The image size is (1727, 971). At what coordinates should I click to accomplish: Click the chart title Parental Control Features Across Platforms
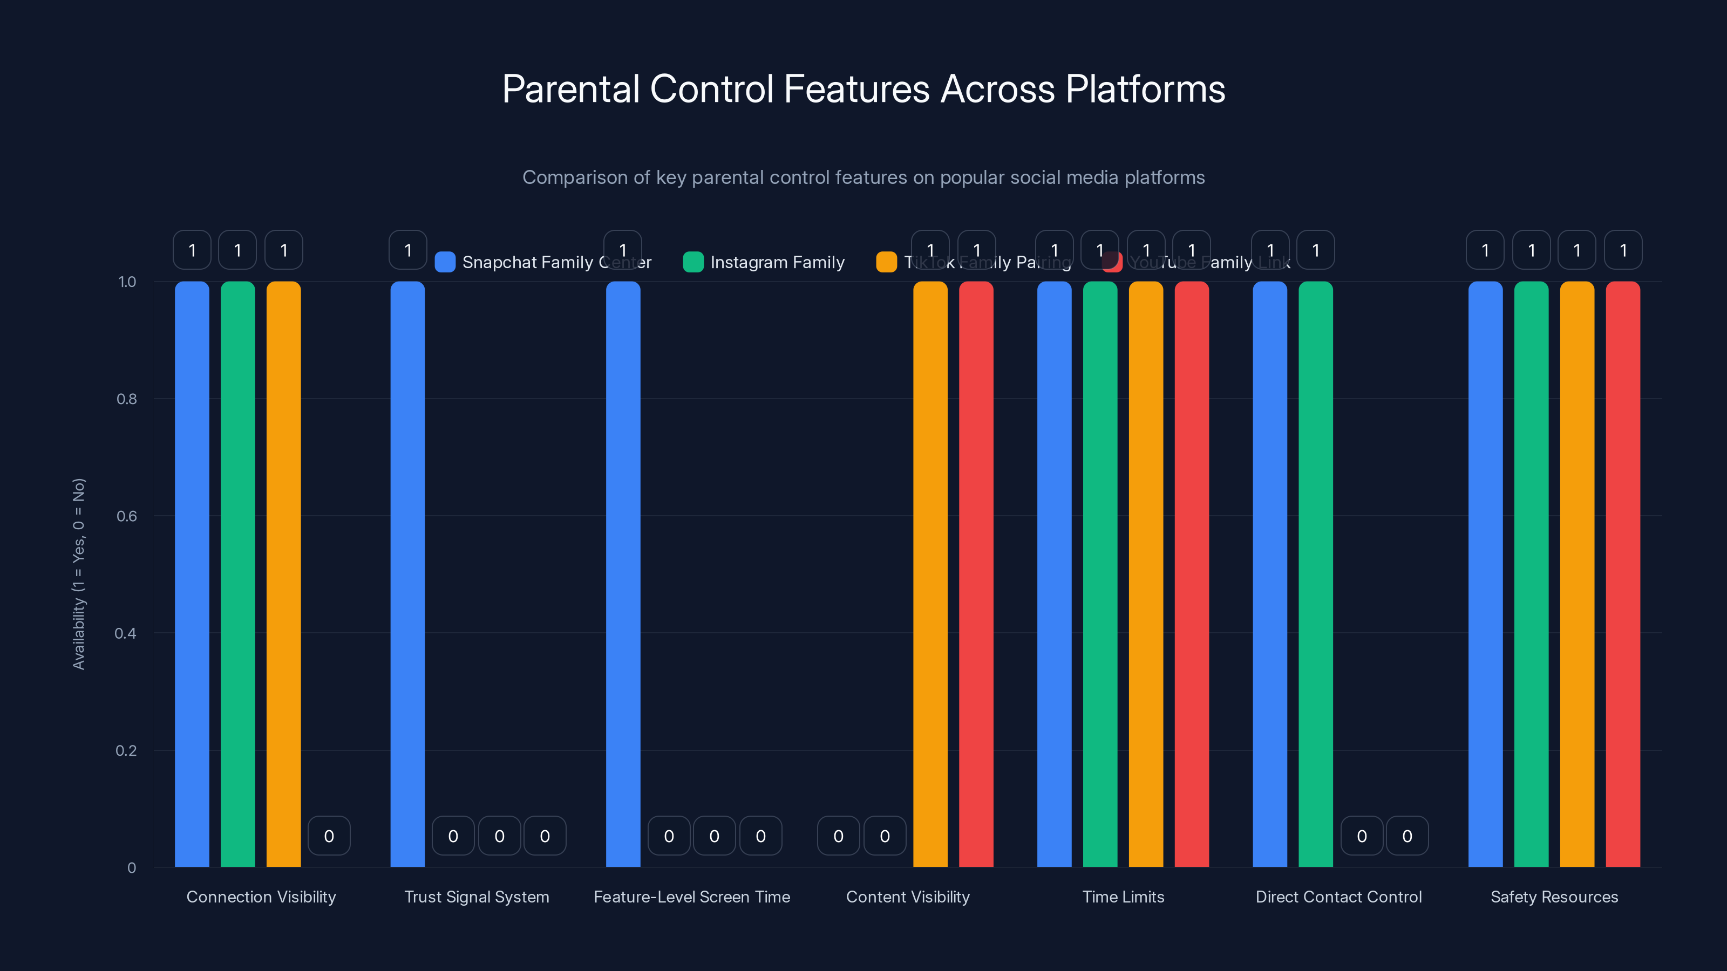863,89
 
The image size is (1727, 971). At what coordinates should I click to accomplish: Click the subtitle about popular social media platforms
863,177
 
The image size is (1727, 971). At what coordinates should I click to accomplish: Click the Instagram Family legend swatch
693,262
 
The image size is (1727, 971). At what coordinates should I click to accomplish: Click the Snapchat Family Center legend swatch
445,262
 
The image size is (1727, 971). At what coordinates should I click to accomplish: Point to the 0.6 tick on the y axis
126,516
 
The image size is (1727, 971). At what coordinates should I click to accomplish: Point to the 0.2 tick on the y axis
126,750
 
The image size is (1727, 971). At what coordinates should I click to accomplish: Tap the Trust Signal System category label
477,897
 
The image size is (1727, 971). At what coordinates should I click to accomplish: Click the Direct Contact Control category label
1338,897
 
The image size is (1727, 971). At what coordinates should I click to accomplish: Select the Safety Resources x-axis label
1554,897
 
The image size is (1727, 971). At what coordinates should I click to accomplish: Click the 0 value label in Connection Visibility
329,836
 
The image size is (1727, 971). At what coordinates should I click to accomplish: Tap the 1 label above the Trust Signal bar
407,250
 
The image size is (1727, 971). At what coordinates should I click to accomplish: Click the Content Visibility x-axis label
908,897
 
